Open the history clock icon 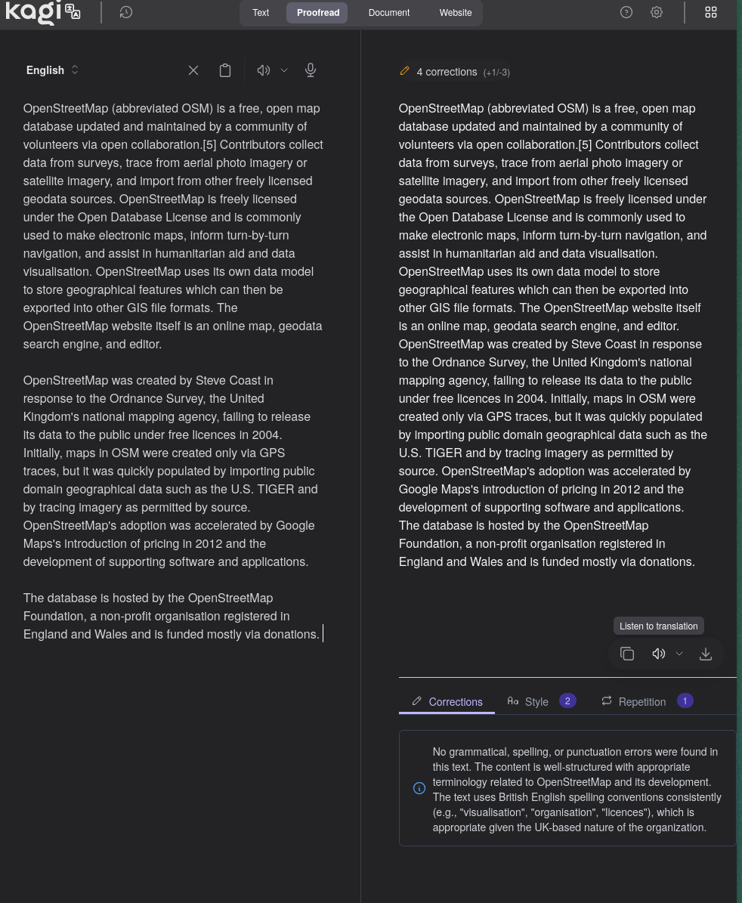126,12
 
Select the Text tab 261,13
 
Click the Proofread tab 317,13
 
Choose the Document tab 389,13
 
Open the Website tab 456,13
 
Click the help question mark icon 626,12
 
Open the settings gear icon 657,12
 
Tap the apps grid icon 711,12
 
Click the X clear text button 193,70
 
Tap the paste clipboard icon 225,70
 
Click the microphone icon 311,70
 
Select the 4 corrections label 446,72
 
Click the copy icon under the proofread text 627,654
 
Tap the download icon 706,654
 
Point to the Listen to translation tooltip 658,626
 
